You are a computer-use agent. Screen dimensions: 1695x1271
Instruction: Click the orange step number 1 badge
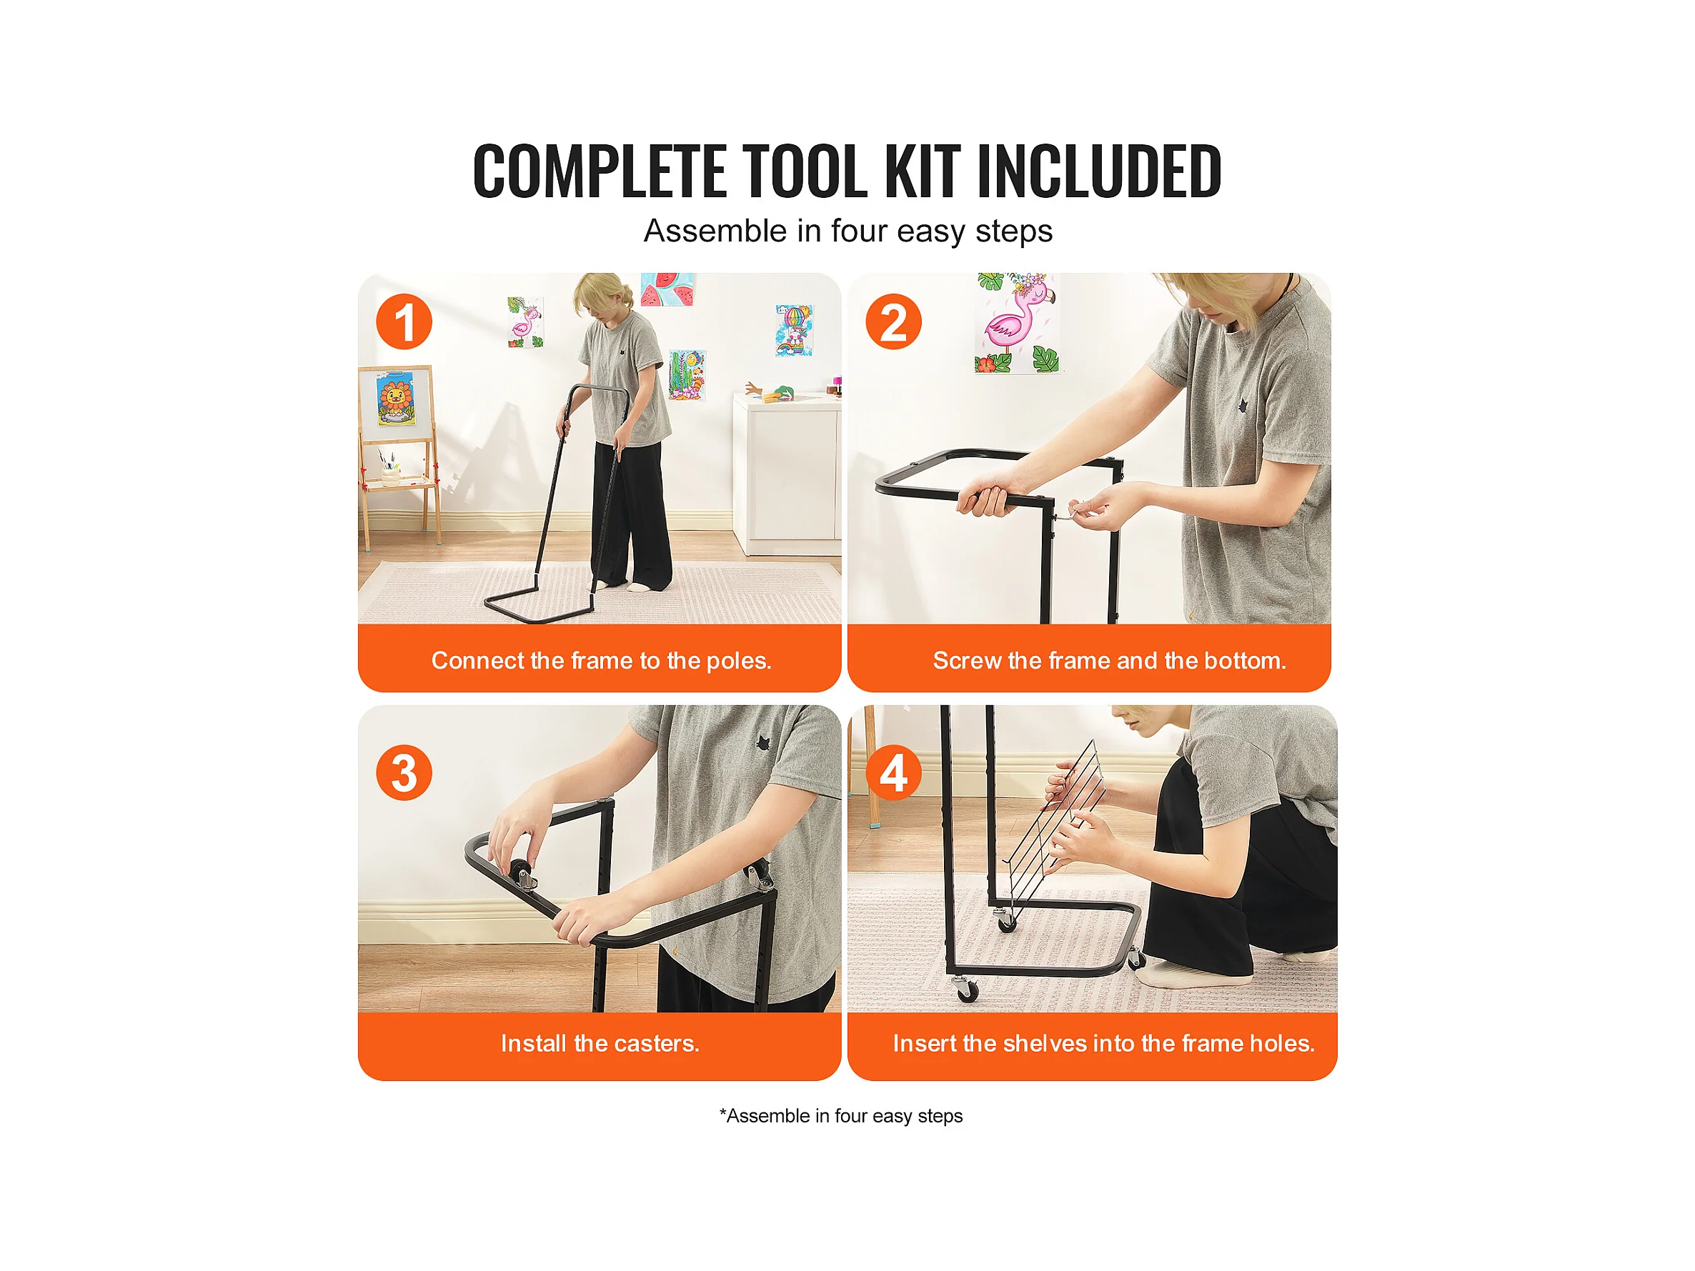(404, 322)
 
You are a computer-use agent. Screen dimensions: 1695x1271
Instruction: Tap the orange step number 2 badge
(893, 322)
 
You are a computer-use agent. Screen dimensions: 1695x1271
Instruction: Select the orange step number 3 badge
(404, 772)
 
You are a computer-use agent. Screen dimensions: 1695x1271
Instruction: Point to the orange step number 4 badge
(893, 772)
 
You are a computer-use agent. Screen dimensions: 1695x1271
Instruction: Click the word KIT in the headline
(923, 171)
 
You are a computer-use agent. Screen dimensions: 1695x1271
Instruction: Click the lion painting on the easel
(395, 399)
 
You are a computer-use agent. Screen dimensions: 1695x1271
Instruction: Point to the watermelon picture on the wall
(668, 289)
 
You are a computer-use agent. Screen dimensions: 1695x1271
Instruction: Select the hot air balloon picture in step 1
(795, 330)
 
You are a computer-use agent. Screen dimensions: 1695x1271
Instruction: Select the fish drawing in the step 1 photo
(687, 374)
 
